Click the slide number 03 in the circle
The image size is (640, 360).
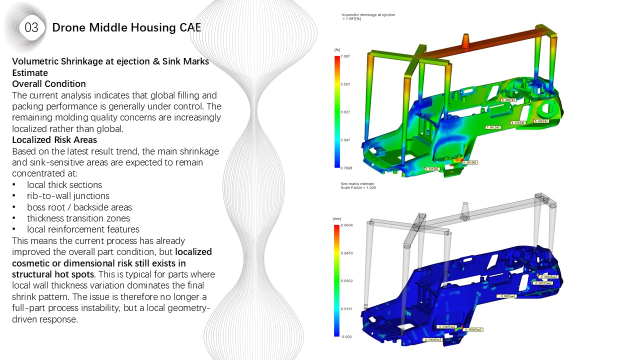point(31,28)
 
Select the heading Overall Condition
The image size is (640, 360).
point(49,84)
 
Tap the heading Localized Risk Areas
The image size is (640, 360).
point(54,140)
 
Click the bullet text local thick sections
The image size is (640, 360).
point(64,185)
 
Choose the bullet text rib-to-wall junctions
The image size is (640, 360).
point(68,196)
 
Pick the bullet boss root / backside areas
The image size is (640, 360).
point(79,207)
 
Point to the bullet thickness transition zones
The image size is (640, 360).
point(78,218)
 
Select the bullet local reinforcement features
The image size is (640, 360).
point(83,229)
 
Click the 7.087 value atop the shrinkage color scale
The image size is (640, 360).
point(345,56)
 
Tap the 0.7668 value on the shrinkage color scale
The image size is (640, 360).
point(346,168)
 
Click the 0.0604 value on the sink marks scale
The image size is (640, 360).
point(346,225)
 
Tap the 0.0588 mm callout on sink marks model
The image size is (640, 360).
point(473,330)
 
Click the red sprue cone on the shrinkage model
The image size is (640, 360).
point(465,41)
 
